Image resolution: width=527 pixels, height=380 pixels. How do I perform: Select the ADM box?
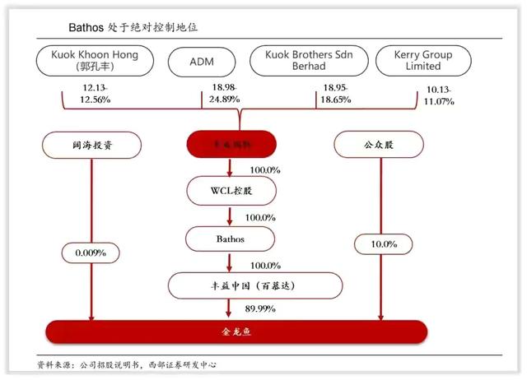202,61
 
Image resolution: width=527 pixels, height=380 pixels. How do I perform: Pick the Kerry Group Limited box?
424,60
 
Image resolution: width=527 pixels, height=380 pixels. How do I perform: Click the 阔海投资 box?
91,145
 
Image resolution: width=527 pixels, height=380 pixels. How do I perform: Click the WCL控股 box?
229,192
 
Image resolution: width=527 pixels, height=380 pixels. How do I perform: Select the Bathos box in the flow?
229,239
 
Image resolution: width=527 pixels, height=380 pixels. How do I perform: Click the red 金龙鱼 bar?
237,332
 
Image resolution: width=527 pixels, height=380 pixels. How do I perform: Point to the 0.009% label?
91,253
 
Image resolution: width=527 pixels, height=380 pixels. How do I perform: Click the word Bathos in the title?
87,27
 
